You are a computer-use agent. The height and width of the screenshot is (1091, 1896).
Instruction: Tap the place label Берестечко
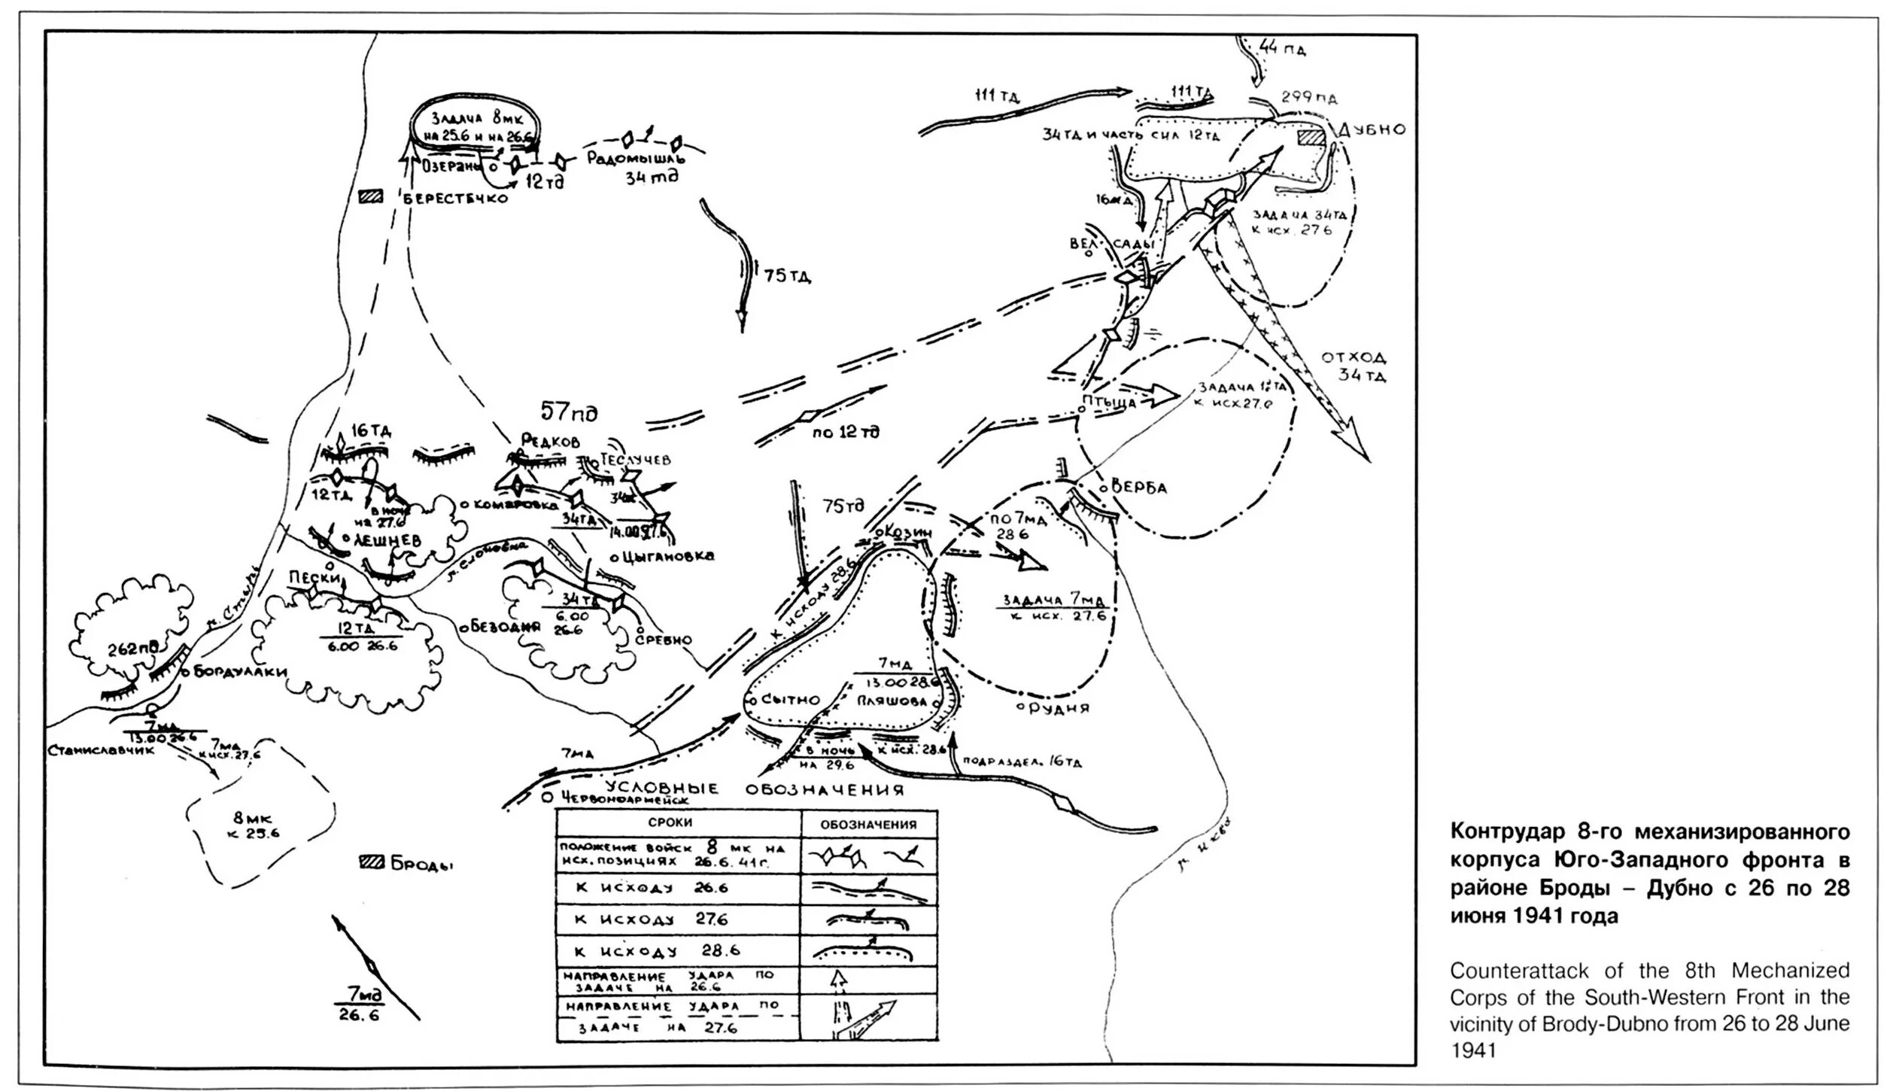pos(455,199)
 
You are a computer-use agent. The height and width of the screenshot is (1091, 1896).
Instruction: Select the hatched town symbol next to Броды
pos(372,863)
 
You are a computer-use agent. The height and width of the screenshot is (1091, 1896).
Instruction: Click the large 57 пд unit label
pos(569,413)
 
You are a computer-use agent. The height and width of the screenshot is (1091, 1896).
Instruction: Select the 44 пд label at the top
pos(1282,50)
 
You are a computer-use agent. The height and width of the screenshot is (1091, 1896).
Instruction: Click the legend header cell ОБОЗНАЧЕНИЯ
pos(868,824)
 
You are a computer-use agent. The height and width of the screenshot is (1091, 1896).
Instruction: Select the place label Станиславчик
pos(102,751)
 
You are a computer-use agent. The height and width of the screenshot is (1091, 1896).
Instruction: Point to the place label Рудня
pos(1058,708)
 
